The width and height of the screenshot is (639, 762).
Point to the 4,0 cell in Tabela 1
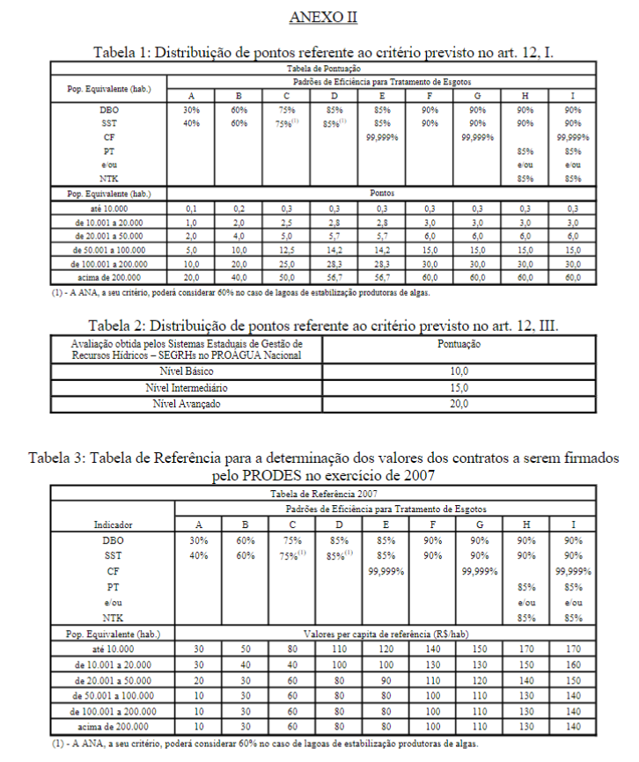(x=237, y=236)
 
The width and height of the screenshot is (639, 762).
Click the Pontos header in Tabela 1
(x=382, y=191)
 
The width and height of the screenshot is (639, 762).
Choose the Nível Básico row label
(x=186, y=372)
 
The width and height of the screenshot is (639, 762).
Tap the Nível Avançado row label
(x=186, y=404)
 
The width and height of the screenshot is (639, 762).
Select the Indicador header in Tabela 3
(x=113, y=524)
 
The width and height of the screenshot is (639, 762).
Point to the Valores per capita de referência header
(x=382, y=633)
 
